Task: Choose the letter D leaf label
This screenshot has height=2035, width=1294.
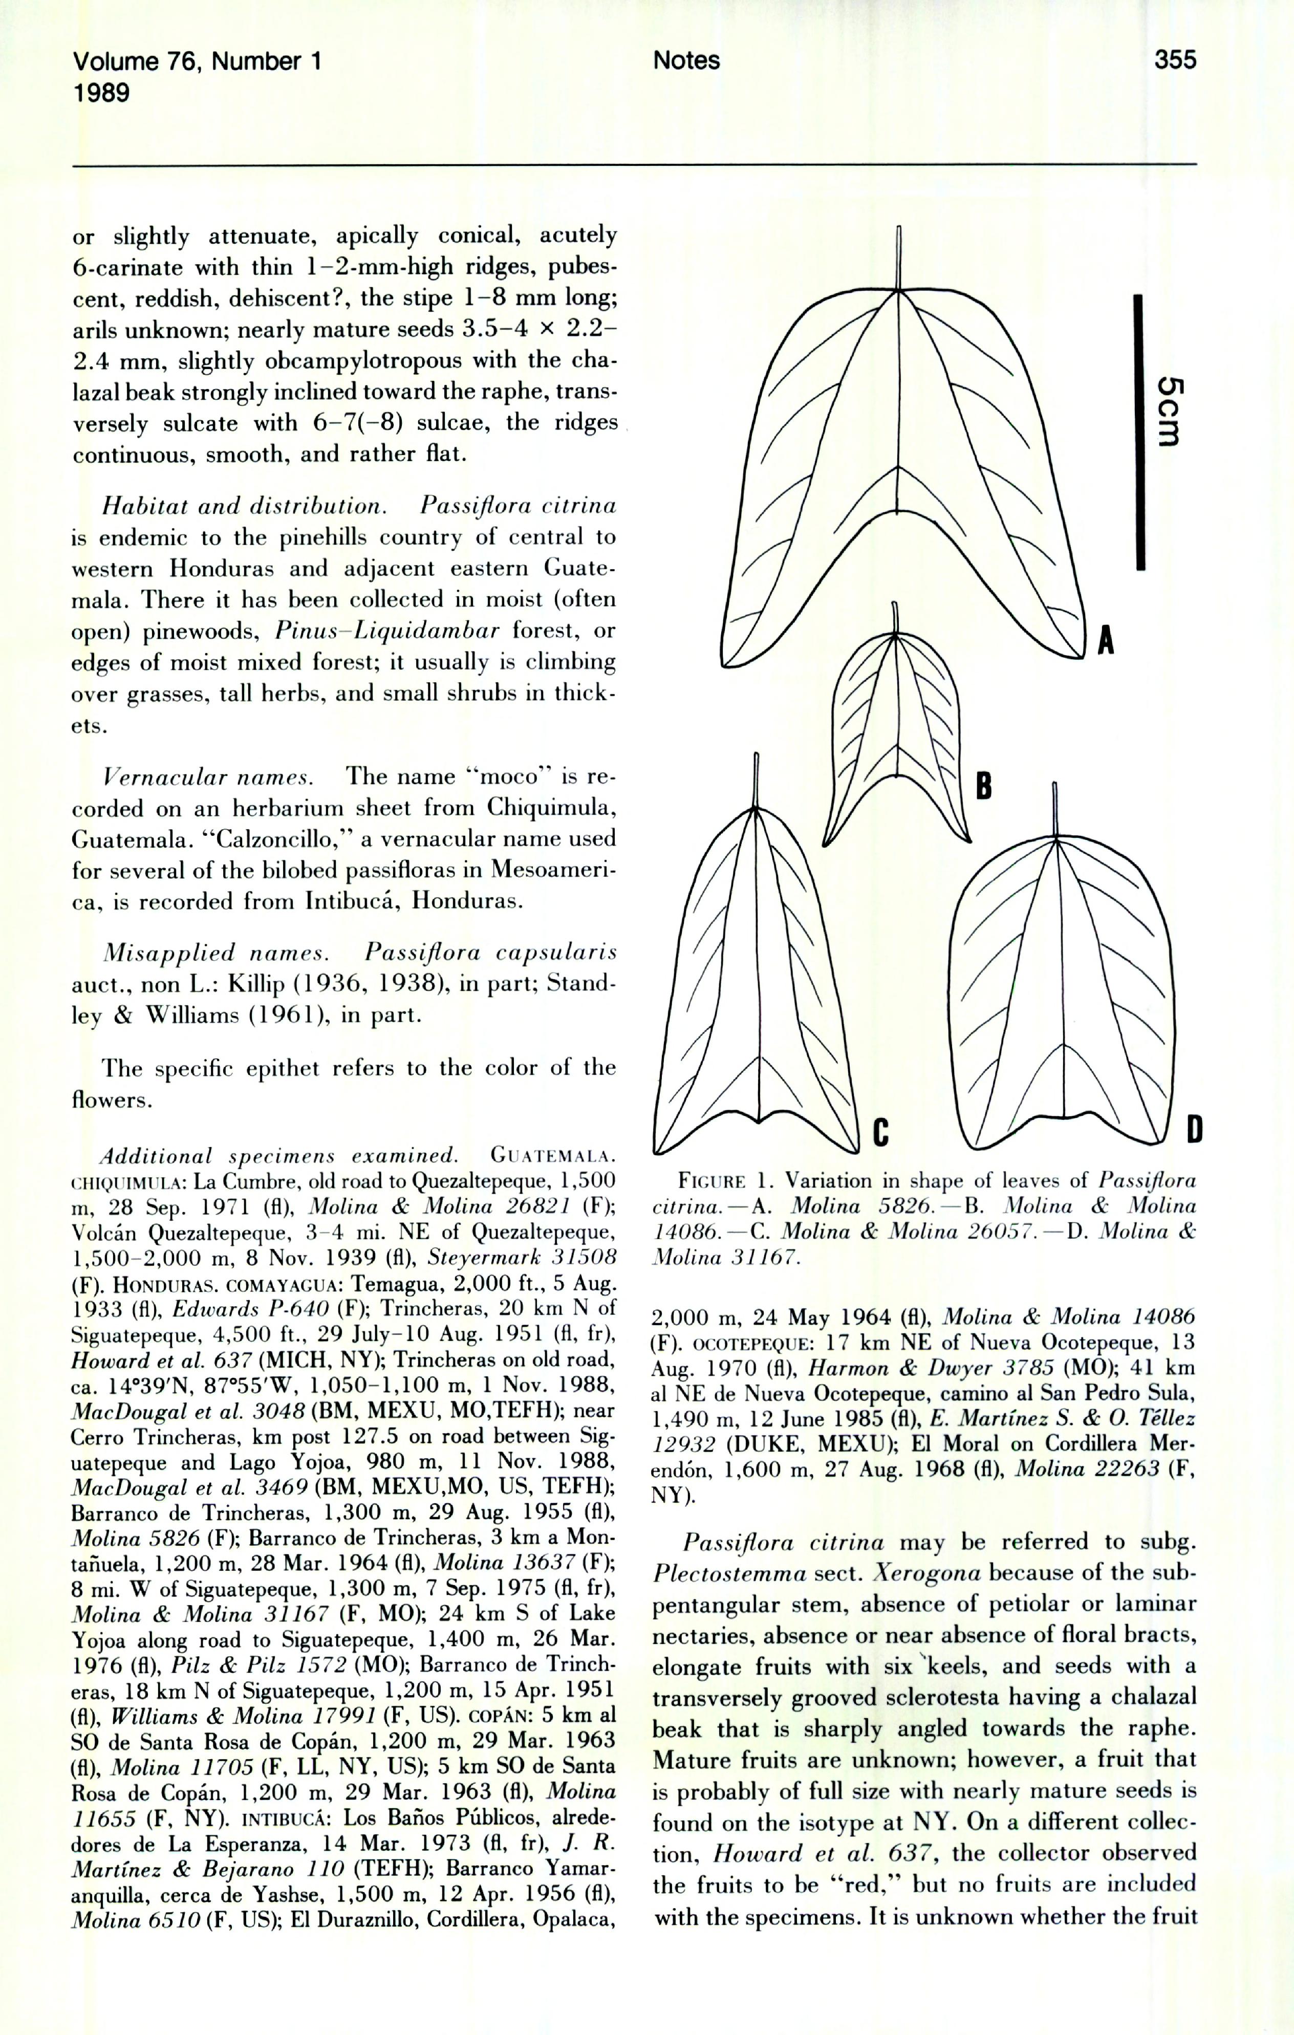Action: (1194, 1129)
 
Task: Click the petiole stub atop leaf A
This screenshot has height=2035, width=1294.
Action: (899, 258)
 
